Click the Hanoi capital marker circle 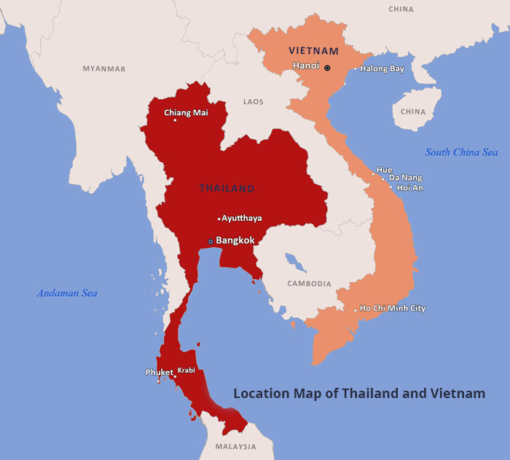tap(327, 68)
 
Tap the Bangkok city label tap(235, 240)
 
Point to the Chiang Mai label tap(186, 112)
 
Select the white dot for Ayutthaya tap(219, 219)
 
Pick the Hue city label tap(384, 170)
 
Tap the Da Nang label tap(405, 178)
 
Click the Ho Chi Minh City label tap(393, 308)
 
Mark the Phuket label tap(159, 372)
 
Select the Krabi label tap(187, 370)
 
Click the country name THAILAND tap(227, 188)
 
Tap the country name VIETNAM tap(313, 51)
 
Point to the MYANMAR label tap(104, 69)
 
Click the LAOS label tap(254, 102)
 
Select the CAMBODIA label tap(309, 284)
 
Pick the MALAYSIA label tap(235, 447)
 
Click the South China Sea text tap(462, 152)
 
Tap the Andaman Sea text tap(67, 293)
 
